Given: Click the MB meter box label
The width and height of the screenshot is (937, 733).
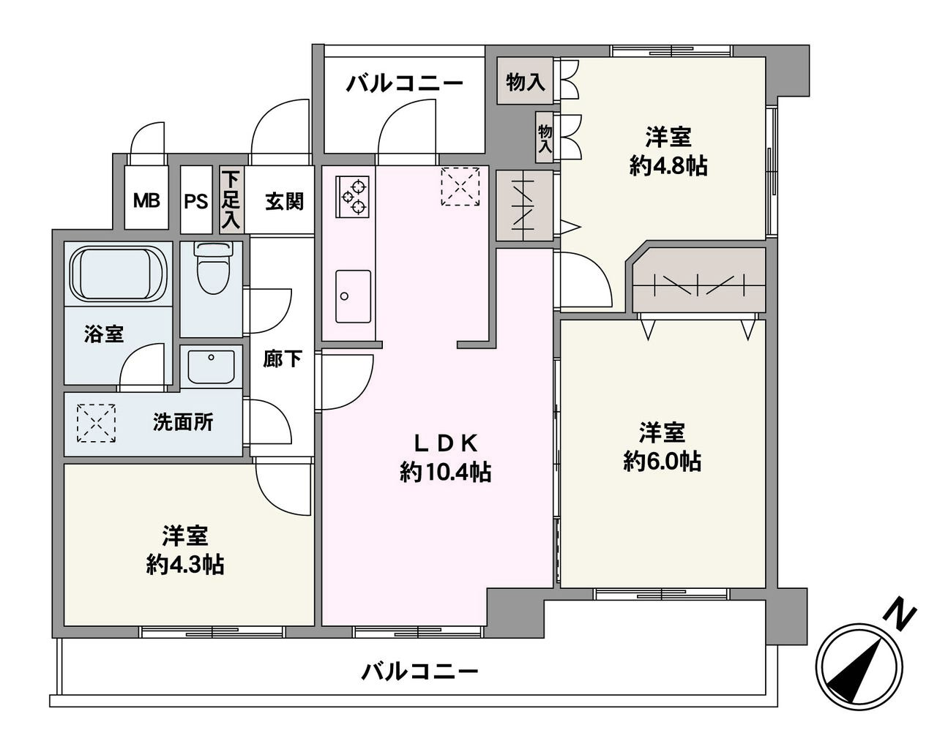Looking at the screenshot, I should pyautogui.click(x=146, y=200).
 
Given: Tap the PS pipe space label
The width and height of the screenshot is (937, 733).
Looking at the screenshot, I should pyautogui.click(x=196, y=200).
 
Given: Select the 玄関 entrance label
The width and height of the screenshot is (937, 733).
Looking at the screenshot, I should pyautogui.click(x=284, y=200).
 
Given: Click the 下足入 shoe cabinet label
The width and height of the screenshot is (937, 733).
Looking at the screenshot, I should pyautogui.click(x=231, y=200).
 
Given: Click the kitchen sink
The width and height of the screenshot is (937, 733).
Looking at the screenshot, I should pyautogui.click(x=353, y=296).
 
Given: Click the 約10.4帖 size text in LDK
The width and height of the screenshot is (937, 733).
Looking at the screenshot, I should pyautogui.click(x=445, y=473).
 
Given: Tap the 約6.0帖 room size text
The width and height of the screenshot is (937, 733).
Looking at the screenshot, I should pyautogui.click(x=662, y=461).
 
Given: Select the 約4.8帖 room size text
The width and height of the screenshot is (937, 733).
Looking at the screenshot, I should pyautogui.click(x=668, y=166).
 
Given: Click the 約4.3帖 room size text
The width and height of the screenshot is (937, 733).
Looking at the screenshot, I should pyautogui.click(x=185, y=564).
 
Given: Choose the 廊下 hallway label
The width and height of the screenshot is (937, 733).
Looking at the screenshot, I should pyautogui.click(x=283, y=358).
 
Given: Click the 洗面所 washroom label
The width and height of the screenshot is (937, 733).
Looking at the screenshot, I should pyautogui.click(x=183, y=422).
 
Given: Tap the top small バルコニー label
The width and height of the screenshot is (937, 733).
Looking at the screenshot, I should pyautogui.click(x=405, y=83).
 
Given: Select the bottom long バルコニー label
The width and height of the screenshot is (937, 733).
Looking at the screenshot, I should pyautogui.click(x=420, y=670).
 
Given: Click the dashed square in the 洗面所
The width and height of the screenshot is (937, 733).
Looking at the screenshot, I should pyautogui.click(x=97, y=424).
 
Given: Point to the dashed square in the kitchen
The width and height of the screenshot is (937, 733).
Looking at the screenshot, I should pyautogui.click(x=460, y=187).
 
